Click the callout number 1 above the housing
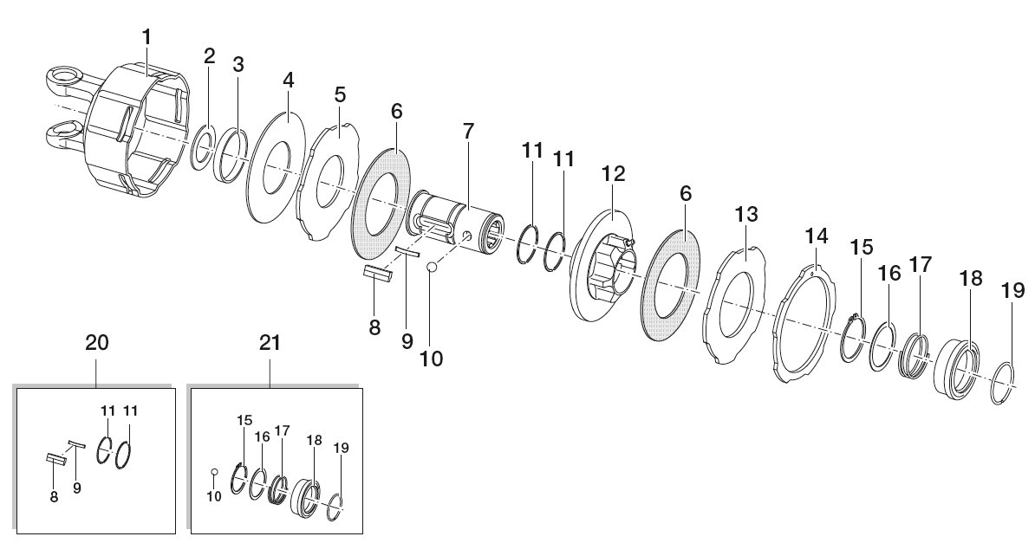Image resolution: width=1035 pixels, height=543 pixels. (146, 37)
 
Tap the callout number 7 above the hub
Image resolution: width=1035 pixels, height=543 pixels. (468, 131)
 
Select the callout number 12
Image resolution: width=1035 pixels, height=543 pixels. (613, 174)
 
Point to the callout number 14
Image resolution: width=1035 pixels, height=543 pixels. (816, 236)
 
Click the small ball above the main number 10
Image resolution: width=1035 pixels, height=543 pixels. (432, 268)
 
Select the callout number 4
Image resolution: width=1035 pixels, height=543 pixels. (288, 81)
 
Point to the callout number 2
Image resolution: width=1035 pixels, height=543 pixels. (209, 56)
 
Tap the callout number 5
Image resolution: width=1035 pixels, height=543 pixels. (339, 94)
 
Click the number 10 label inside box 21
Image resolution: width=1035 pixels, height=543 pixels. (214, 497)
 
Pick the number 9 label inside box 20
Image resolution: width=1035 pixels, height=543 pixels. (77, 489)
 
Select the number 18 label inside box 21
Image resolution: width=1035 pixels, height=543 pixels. (314, 440)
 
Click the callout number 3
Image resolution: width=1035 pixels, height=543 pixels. (238, 65)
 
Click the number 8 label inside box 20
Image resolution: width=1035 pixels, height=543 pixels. (54, 497)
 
